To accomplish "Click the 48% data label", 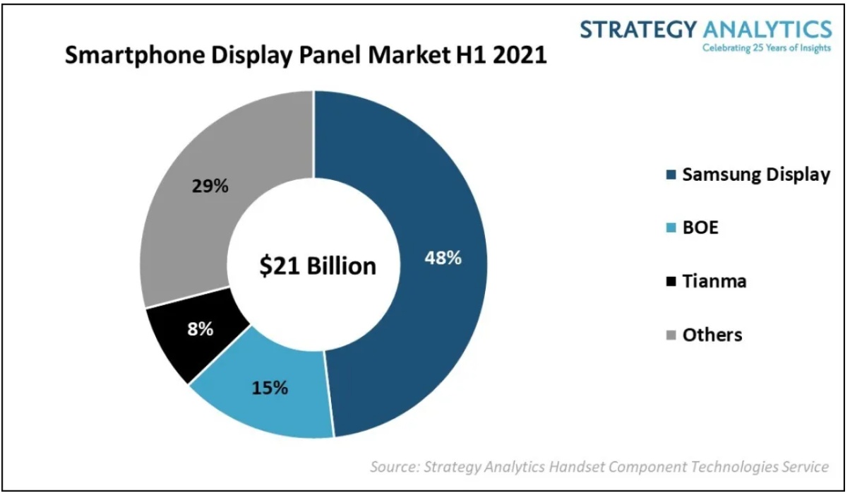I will [x=443, y=258].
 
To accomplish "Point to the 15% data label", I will [x=270, y=387].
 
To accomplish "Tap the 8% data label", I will [x=200, y=328].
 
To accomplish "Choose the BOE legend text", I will [x=700, y=227].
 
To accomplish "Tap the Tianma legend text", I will [x=714, y=281].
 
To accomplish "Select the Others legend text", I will [x=712, y=334].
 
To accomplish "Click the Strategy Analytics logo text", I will [x=705, y=30].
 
